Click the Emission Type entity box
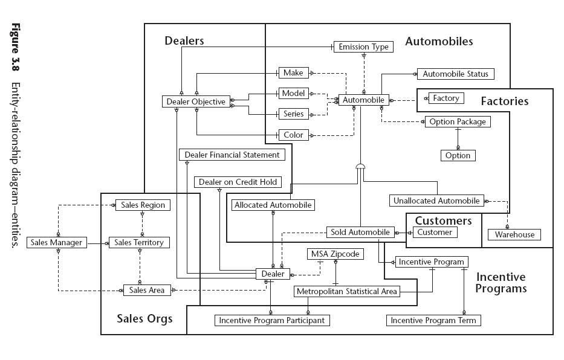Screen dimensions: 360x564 [363, 47]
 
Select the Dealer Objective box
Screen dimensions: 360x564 [196, 102]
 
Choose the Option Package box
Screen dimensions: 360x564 [458, 121]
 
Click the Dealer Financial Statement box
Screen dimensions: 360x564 [232, 155]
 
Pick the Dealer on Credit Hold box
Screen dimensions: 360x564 [238, 182]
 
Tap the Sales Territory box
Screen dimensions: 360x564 [139, 243]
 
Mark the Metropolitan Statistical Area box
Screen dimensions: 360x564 [347, 292]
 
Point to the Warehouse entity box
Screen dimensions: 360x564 [514, 234]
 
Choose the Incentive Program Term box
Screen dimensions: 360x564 [433, 320]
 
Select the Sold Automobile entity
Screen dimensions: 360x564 [361, 232]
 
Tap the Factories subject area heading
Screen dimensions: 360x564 [504, 101]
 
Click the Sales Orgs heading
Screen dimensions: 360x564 [144, 318]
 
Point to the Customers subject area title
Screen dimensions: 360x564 [443, 220]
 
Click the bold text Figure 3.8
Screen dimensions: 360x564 [15, 45]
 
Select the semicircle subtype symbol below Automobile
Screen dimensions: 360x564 [360, 166]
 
